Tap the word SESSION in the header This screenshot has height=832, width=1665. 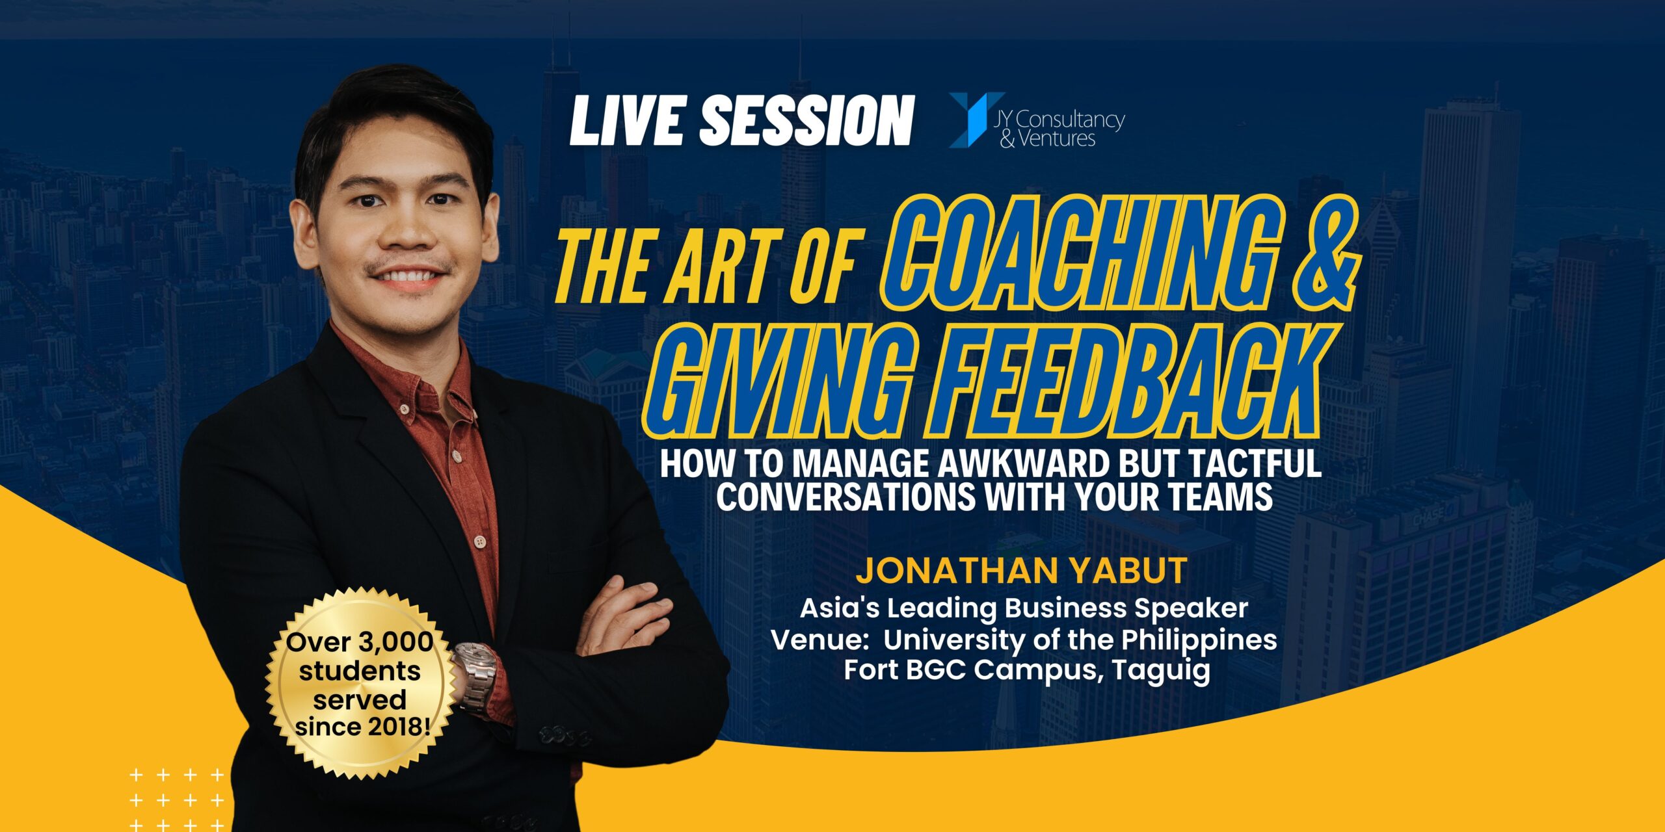[806, 121]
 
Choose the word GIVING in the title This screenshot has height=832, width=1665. [764, 381]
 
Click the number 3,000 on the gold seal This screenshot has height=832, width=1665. [396, 642]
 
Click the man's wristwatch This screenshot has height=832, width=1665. [475, 676]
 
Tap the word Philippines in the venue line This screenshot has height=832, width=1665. [1199, 641]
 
